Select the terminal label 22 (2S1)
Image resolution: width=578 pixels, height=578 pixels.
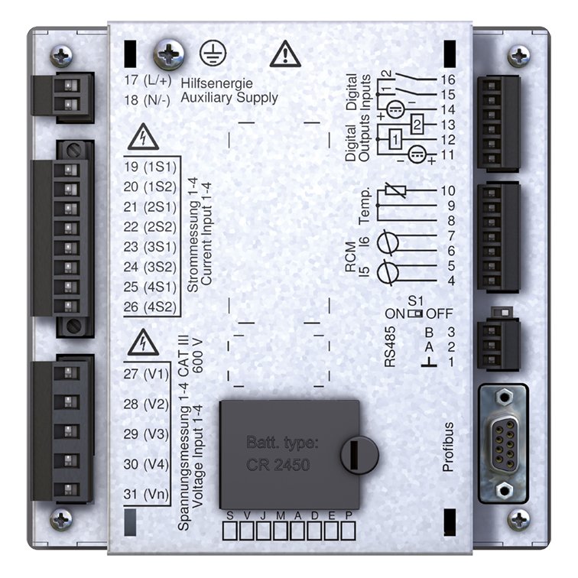pos(149,226)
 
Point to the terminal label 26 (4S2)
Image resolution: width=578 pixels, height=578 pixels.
pos(149,307)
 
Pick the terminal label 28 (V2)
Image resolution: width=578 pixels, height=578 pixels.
pos(145,403)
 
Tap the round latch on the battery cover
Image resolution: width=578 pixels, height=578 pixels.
pos(359,455)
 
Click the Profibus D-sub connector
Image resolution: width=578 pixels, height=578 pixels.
pos(502,443)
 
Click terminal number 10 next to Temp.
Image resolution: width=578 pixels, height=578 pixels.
pos(448,190)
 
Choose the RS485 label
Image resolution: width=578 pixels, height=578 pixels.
pos(390,348)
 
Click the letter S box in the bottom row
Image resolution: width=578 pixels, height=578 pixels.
pos(229,530)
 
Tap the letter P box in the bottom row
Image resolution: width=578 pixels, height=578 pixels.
pos(349,530)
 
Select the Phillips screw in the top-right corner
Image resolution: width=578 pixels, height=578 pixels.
pos(519,56)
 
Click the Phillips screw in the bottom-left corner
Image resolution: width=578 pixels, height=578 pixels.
pos(61,520)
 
